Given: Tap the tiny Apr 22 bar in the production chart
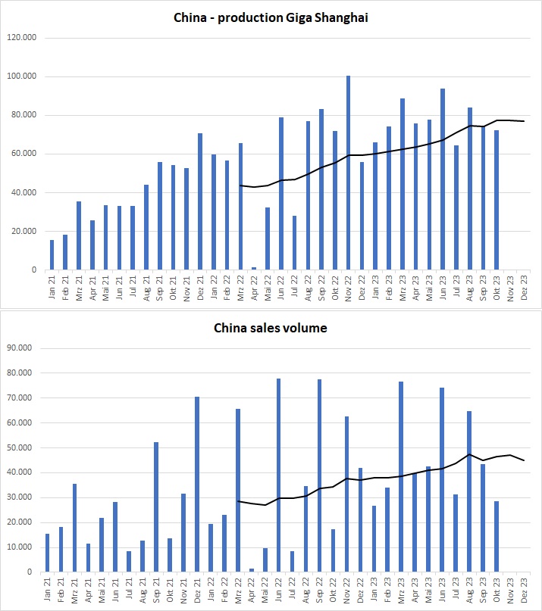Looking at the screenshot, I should pyautogui.click(x=253, y=268).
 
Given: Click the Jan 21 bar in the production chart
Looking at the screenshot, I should pyautogui.click(x=52, y=254).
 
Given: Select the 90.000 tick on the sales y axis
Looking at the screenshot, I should pyautogui.click(x=30, y=348).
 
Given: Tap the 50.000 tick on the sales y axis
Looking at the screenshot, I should pyautogui.click(x=30, y=447).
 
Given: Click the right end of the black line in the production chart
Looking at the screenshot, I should pyautogui.click(x=524, y=121).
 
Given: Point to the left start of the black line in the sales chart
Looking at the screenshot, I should pyautogui.click(x=238, y=500).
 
